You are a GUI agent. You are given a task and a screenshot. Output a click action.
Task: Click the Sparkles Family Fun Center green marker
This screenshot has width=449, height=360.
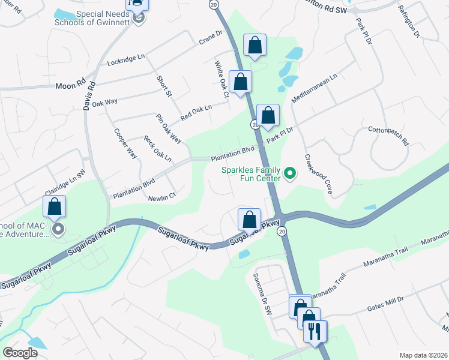290,174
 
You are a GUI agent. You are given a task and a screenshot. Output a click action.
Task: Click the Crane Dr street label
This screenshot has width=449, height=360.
210,41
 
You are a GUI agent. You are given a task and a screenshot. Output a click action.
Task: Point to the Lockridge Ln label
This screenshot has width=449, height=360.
126,59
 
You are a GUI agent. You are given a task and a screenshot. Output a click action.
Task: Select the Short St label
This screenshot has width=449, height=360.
164,86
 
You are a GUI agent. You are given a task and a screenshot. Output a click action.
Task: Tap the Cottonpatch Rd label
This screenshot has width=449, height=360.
388,136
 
